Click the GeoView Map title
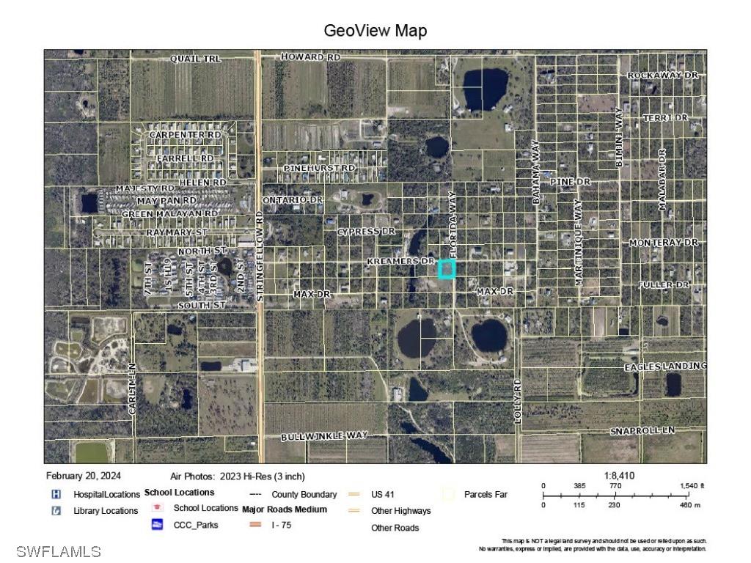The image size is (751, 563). (x=375, y=31)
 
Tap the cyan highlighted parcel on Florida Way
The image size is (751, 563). (x=447, y=269)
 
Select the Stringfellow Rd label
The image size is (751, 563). (x=260, y=257)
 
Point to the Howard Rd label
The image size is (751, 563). (x=311, y=56)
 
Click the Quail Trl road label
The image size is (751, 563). (x=195, y=58)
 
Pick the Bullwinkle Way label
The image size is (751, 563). (x=324, y=436)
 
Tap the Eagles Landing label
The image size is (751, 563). (x=665, y=366)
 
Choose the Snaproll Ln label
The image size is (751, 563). (x=642, y=430)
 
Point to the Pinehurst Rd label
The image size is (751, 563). (x=319, y=168)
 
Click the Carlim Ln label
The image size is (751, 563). (x=133, y=389)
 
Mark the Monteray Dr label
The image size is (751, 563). (x=664, y=243)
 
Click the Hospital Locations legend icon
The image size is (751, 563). (x=56, y=494)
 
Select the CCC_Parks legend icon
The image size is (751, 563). (x=157, y=524)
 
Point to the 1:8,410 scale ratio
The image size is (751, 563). (x=619, y=476)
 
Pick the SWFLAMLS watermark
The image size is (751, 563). (x=58, y=551)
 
